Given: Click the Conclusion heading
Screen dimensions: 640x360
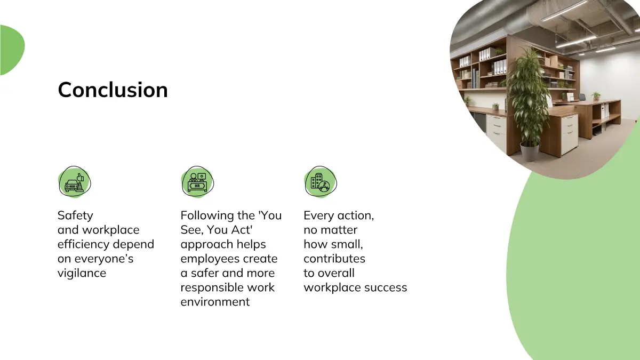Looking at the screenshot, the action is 113,90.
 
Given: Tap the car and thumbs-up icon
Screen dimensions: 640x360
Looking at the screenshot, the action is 75,182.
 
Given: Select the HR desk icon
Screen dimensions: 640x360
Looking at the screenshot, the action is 197,182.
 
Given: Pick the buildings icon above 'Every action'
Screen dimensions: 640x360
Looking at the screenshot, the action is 321,182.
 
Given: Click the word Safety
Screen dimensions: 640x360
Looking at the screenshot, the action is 75,215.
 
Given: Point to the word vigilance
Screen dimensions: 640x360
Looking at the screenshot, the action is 82,274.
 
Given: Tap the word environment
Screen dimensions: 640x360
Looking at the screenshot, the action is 215,302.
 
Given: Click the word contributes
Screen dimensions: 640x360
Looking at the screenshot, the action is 334,259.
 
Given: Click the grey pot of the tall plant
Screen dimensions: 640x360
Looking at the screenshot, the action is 530,151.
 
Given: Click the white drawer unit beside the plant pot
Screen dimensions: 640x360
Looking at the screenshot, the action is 569,134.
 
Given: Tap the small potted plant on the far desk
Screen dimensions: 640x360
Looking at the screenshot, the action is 596,95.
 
